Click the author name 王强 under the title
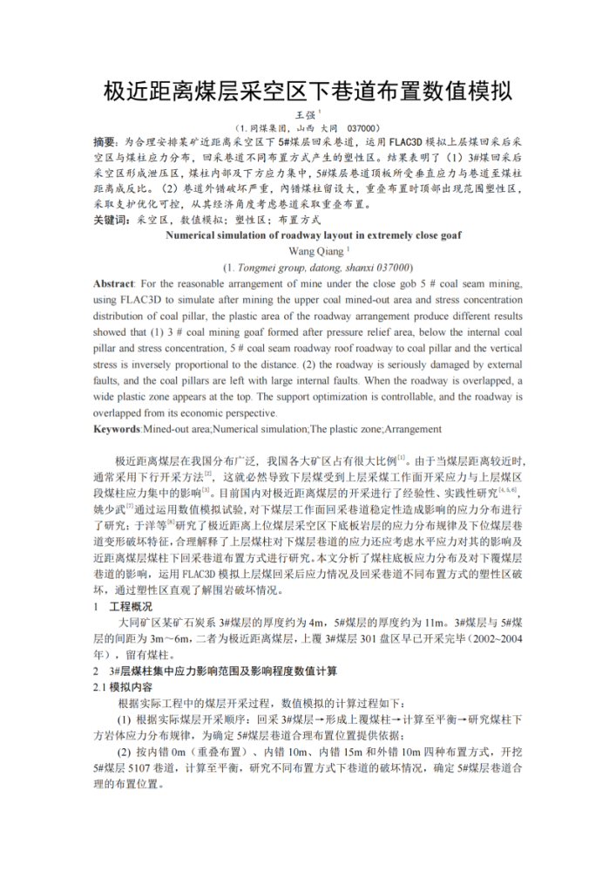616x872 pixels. tap(305, 113)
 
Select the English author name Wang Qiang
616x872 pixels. tap(306, 251)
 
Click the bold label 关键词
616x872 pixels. tap(111, 221)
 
